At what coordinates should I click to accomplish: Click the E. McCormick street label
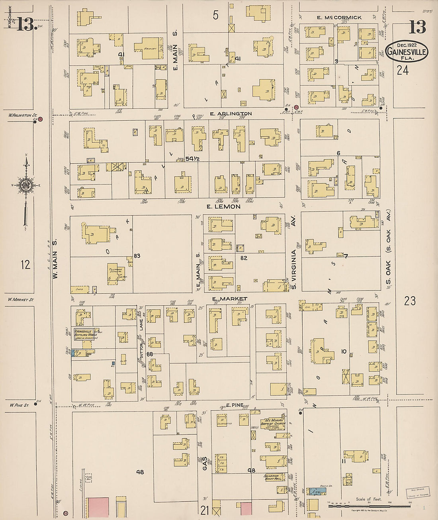[x=339, y=18]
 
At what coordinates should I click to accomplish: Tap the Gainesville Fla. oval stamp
[x=407, y=51]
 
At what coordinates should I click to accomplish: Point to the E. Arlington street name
[x=231, y=114]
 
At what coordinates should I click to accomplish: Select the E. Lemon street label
[x=223, y=206]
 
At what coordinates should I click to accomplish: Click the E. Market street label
[x=229, y=299]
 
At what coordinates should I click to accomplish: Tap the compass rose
[x=26, y=185]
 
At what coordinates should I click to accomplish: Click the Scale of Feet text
[x=368, y=499]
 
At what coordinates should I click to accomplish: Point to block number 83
[x=137, y=256]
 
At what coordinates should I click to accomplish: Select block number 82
[x=244, y=258]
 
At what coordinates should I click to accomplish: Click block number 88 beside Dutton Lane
[x=150, y=354]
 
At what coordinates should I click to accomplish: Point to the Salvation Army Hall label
[x=274, y=477]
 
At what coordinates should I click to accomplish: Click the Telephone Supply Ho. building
[x=116, y=273]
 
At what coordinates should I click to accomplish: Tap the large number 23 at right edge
[x=410, y=301]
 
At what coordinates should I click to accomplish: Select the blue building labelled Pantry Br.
[x=317, y=491]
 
